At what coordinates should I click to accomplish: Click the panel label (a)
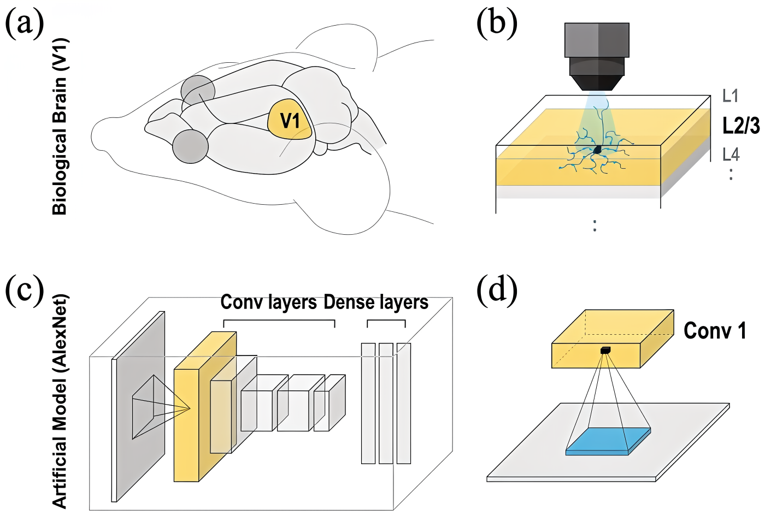[x=25, y=25]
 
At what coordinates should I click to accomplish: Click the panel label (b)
[x=497, y=25]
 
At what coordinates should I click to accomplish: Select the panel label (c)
[x=25, y=290]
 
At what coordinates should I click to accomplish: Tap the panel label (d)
[x=497, y=290]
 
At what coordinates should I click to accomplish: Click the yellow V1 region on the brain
[x=290, y=120]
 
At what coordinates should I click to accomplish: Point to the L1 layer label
[x=730, y=96]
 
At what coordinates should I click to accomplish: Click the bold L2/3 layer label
[x=740, y=126]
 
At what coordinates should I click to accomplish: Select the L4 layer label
[x=731, y=155]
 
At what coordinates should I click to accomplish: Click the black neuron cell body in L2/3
[x=598, y=149]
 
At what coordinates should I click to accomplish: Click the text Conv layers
[x=268, y=302]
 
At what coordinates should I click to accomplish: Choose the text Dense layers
[x=376, y=302]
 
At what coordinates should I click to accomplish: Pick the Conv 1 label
[x=715, y=331]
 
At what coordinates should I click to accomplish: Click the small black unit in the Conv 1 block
[x=604, y=350]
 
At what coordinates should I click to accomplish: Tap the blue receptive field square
[x=608, y=441]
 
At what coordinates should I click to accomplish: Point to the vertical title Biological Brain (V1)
[x=60, y=127]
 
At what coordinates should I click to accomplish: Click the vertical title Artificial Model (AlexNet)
[x=60, y=401]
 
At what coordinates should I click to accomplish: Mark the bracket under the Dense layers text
[x=386, y=322]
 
